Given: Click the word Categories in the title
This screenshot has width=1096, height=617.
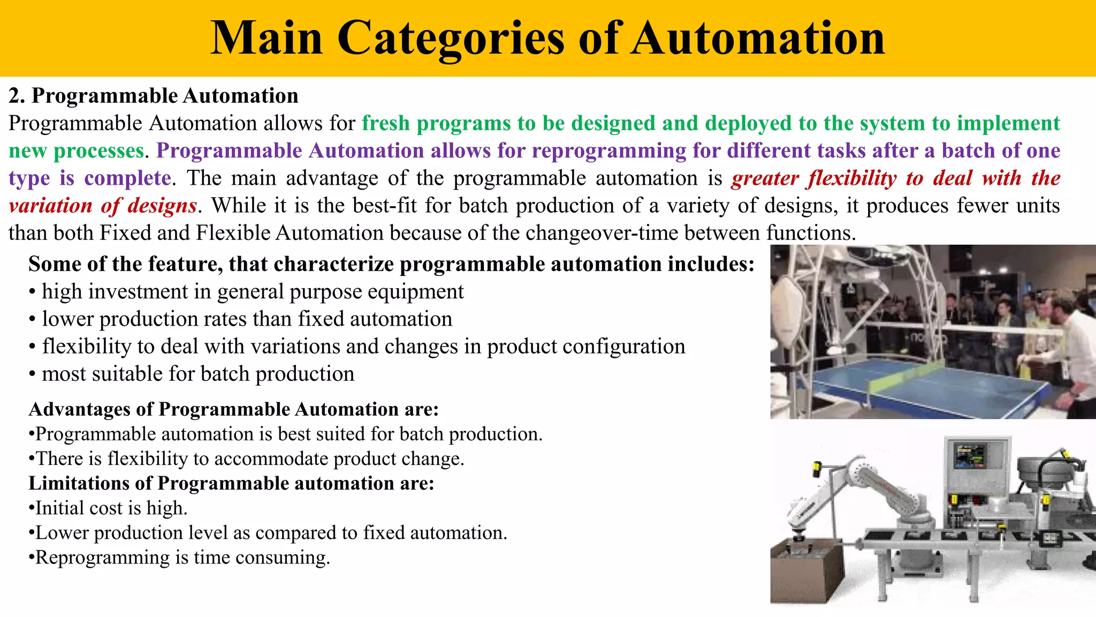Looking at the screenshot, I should (x=451, y=39).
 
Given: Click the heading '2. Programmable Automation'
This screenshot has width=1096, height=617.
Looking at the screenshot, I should (x=154, y=96).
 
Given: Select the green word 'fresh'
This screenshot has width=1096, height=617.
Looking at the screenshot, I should (x=386, y=124).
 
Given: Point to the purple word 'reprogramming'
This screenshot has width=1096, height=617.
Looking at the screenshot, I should (x=608, y=151).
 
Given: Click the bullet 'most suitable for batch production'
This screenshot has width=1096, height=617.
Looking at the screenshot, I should (x=197, y=374).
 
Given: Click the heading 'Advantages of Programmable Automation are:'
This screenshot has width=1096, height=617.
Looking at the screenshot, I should (x=234, y=409).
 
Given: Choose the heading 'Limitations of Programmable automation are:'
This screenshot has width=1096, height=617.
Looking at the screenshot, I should (x=231, y=483).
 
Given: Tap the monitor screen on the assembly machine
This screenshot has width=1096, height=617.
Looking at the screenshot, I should (x=970, y=456).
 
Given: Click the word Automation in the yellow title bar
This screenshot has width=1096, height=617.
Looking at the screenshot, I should (x=758, y=39).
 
